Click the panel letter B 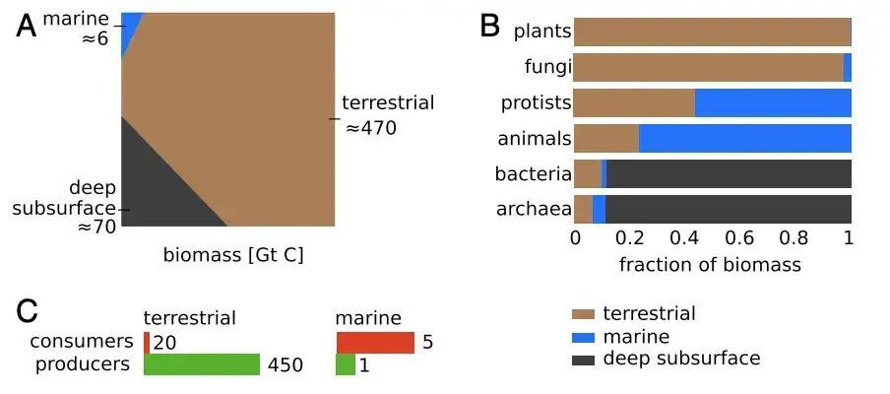pyautogui.click(x=489, y=26)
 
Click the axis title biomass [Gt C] pyautogui.click(x=233, y=256)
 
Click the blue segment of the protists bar pyautogui.click(x=773, y=103)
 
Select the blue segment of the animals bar pyautogui.click(x=744, y=139)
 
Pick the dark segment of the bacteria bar pyautogui.click(x=729, y=174)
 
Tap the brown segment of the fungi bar pyautogui.click(x=709, y=68)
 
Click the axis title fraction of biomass pyautogui.click(x=710, y=265)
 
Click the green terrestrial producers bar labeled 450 pyautogui.click(x=202, y=364)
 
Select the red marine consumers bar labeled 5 pyautogui.click(x=375, y=342)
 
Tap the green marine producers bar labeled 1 pyautogui.click(x=346, y=364)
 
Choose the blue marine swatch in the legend pyautogui.click(x=583, y=337)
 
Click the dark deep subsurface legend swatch pyautogui.click(x=583, y=359)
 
